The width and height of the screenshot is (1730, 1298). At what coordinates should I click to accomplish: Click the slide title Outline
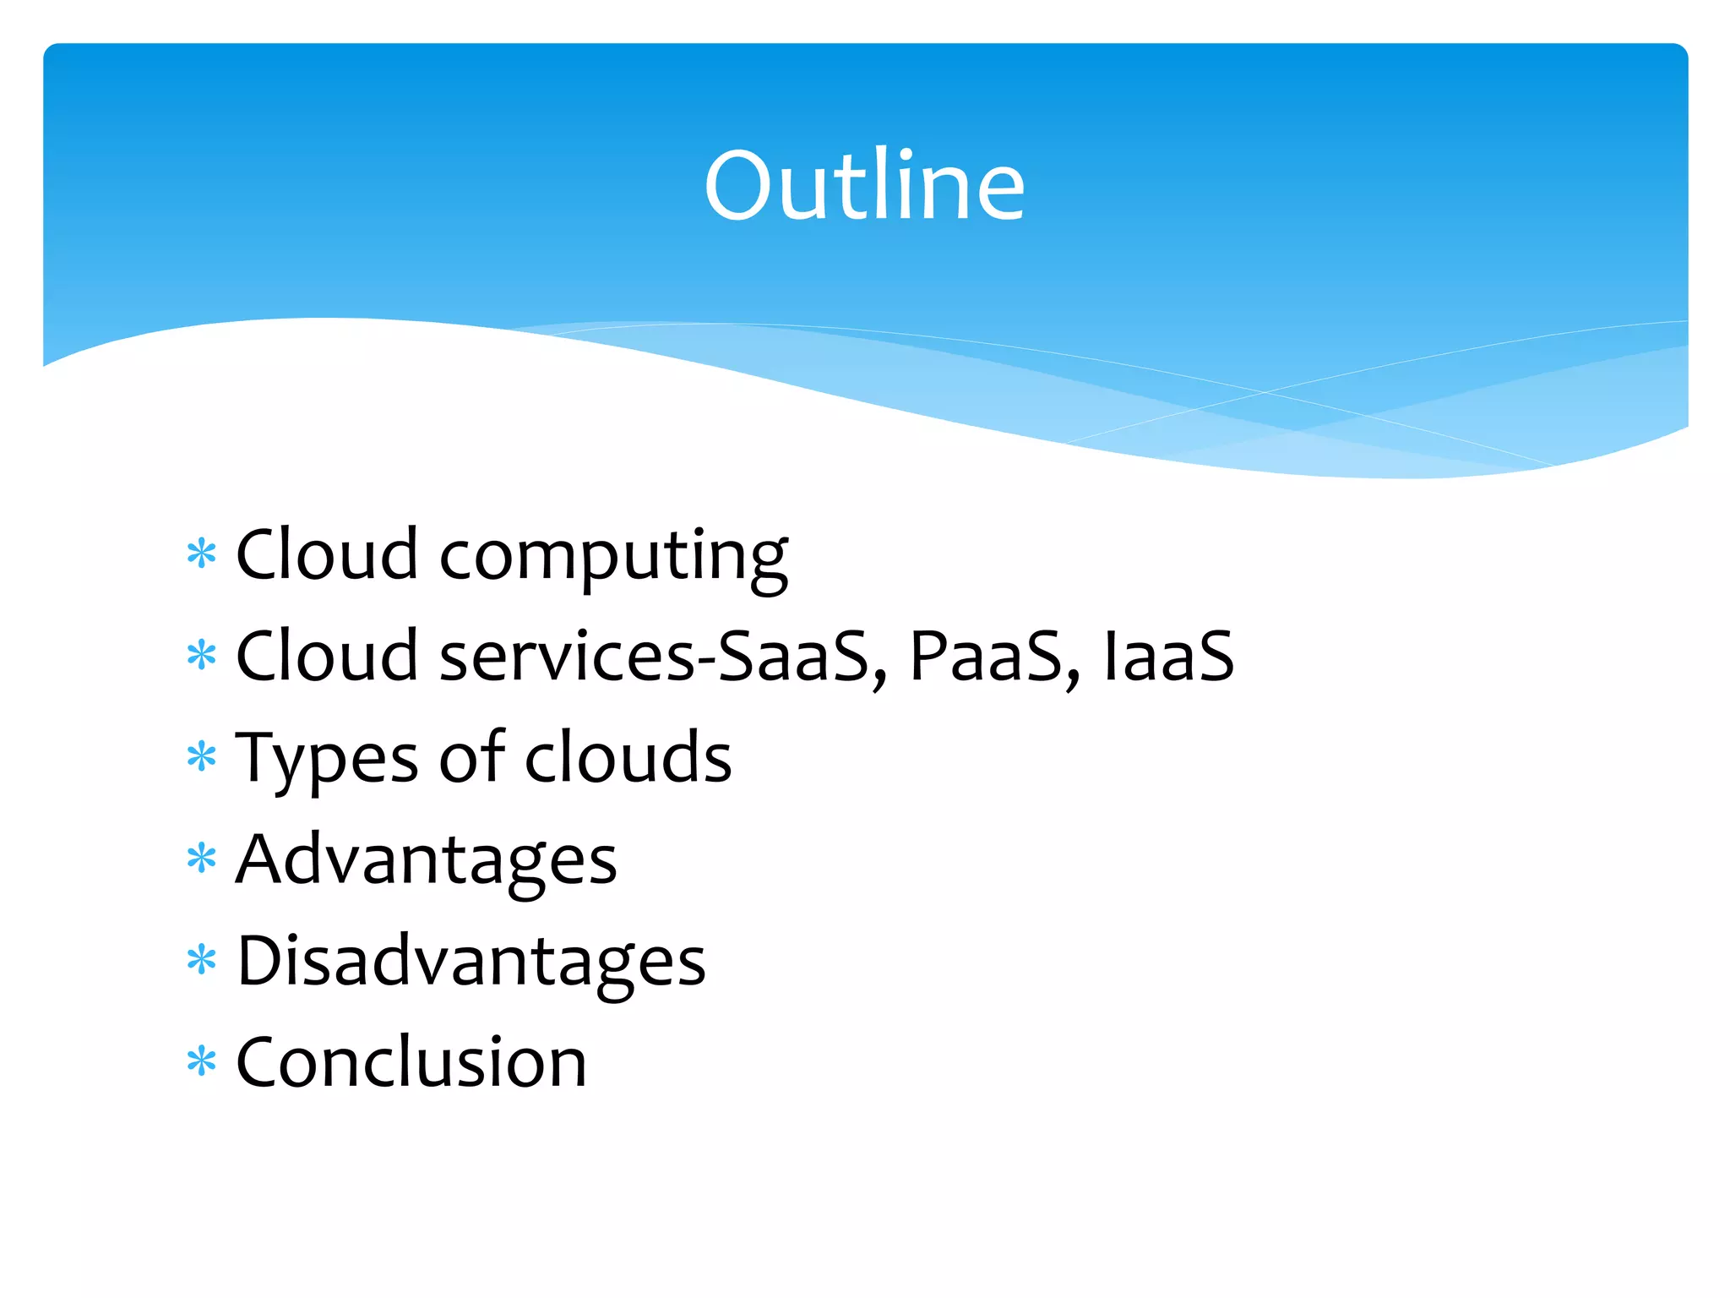(864, 185)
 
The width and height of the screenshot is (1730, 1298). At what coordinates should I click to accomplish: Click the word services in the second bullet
(567, 658)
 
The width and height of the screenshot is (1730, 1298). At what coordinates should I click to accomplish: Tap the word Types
(326, 759)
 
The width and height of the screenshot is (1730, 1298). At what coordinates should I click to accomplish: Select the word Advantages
(427, 860)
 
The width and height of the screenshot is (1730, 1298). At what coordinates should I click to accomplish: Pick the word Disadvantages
(471, 962)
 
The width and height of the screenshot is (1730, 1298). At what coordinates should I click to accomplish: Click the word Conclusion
(411, 1063)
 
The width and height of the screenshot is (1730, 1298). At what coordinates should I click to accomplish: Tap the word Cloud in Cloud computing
(327, 555)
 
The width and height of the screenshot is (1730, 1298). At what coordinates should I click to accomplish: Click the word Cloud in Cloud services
(327, 657)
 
